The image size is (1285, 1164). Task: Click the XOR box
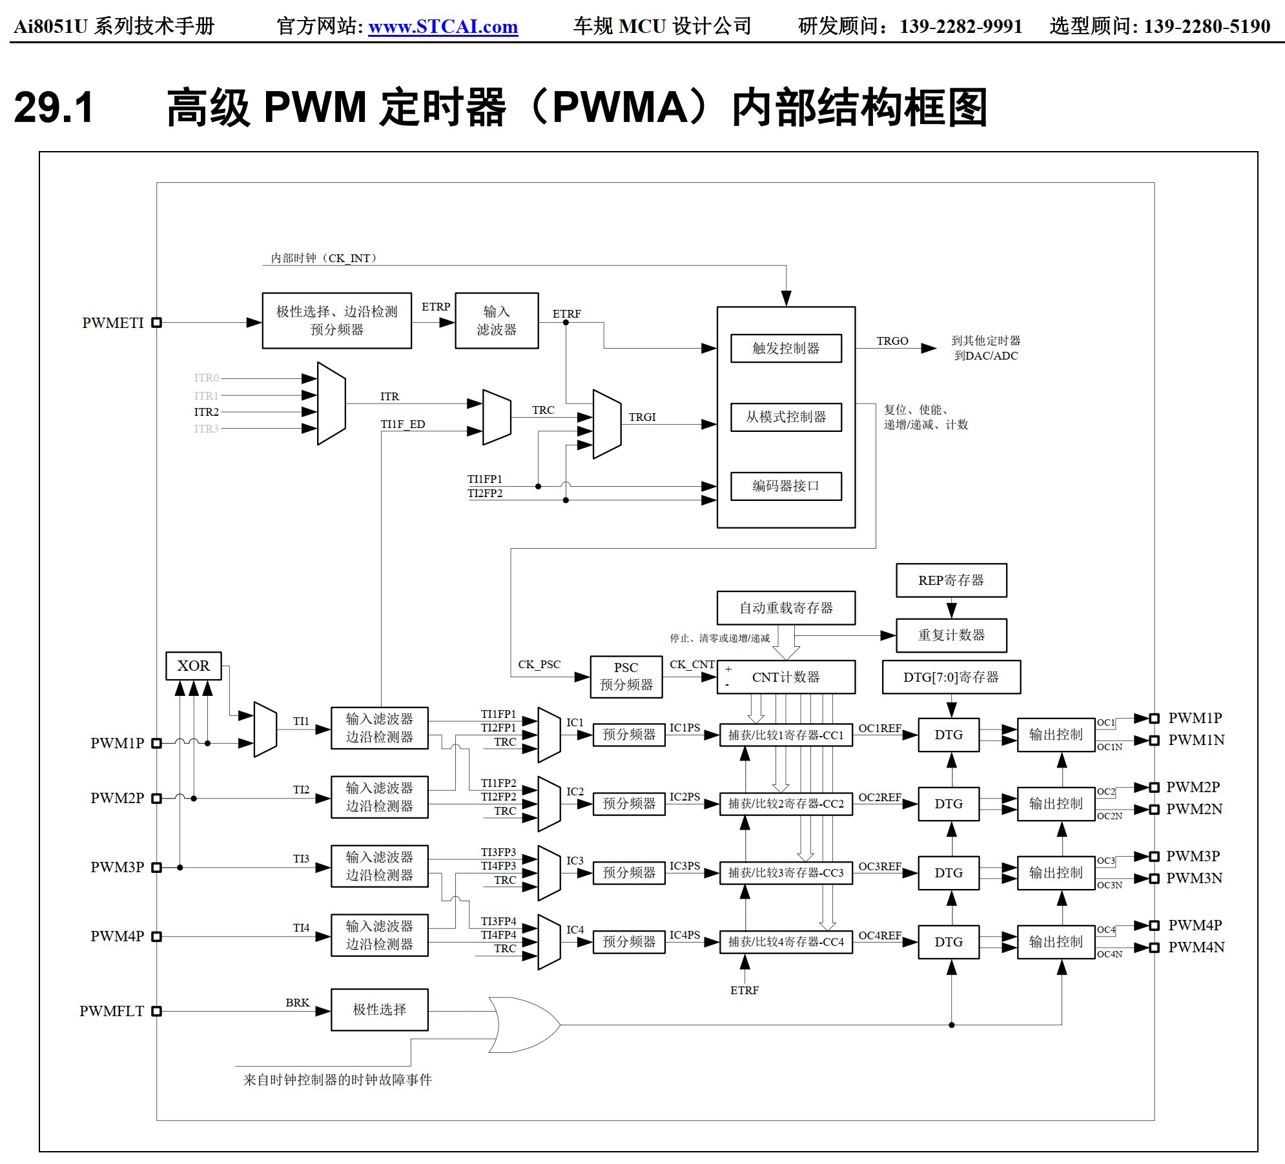tap(193, 666)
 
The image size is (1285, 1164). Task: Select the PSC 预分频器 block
tap(626, 677)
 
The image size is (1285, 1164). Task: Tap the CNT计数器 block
tap(786, 677)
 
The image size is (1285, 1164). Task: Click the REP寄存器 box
tap(951, 580)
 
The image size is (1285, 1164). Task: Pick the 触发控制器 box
tap(786, 348)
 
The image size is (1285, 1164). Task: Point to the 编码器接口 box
tap(786, 486)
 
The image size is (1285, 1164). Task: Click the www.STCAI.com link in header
tap(443, 26)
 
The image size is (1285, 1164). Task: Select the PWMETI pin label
tap(113, 323)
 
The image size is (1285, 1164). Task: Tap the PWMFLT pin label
tap(112, 1011)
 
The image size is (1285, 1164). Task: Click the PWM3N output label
tap(1194, 878)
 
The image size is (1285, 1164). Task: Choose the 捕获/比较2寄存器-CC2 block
tap(786, 804)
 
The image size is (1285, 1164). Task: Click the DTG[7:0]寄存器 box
tap(951, 677)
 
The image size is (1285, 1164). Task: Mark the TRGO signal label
tap(892, 341)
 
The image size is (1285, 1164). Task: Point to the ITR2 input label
tap(206, 412)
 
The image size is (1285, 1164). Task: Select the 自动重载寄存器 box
tap(786, 608)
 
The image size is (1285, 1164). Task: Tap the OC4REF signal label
tap(879, 935)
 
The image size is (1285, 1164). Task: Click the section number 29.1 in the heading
tap(54, 107)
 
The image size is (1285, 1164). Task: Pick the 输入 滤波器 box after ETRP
tap(497, 321)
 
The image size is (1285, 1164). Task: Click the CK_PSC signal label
tap(539, 664)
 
